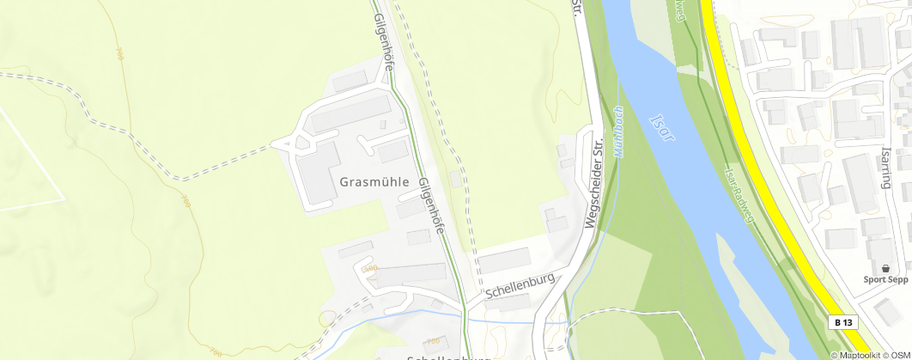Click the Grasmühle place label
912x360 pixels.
point(374,182)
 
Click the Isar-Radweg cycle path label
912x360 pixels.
point(739,195)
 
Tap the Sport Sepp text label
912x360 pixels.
point(885,279)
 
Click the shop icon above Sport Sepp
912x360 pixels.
point(885,268)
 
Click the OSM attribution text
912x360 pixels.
point(899,355)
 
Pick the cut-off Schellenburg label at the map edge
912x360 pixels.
point(447,356)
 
